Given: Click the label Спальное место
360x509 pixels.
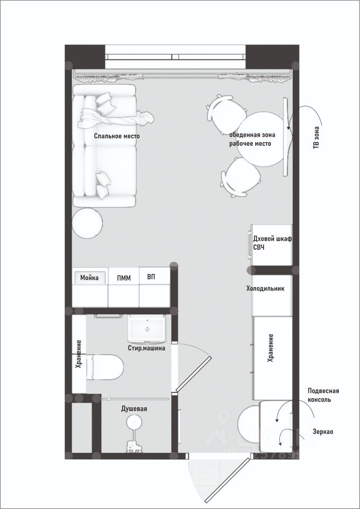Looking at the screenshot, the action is point(117,136).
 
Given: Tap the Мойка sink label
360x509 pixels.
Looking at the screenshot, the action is point(89,278).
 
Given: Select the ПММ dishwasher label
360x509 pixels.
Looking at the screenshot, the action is point(124,278).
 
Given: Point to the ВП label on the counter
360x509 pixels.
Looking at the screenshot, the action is point(151,277).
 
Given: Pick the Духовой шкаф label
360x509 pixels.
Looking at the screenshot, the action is point(273,239).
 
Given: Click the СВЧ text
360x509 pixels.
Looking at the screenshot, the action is point(259,248).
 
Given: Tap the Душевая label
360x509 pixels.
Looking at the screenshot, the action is point(134,409).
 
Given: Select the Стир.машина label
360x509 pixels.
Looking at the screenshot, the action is point(146,348).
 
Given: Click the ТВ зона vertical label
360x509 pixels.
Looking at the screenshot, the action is point(316,138).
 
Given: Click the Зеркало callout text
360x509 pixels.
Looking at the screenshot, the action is point(323,432).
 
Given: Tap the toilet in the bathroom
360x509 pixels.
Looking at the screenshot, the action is point(105,367).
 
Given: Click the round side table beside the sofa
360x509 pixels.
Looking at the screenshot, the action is point(87,223).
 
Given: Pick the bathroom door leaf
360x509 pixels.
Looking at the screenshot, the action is point(194,373).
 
